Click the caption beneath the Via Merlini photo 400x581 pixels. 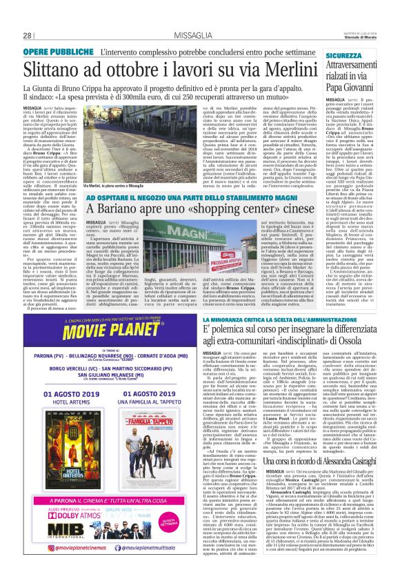[113, 186]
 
